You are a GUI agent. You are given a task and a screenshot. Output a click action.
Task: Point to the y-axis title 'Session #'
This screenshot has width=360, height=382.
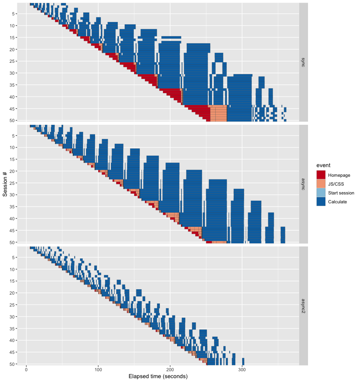point(5,184)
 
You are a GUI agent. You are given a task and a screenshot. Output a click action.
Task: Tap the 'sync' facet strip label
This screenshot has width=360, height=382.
point(303,62)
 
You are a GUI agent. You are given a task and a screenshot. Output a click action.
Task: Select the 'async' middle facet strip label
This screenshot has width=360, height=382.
point(303,184)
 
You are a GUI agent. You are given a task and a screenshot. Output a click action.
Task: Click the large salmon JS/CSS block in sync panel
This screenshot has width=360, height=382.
point(218,113)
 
